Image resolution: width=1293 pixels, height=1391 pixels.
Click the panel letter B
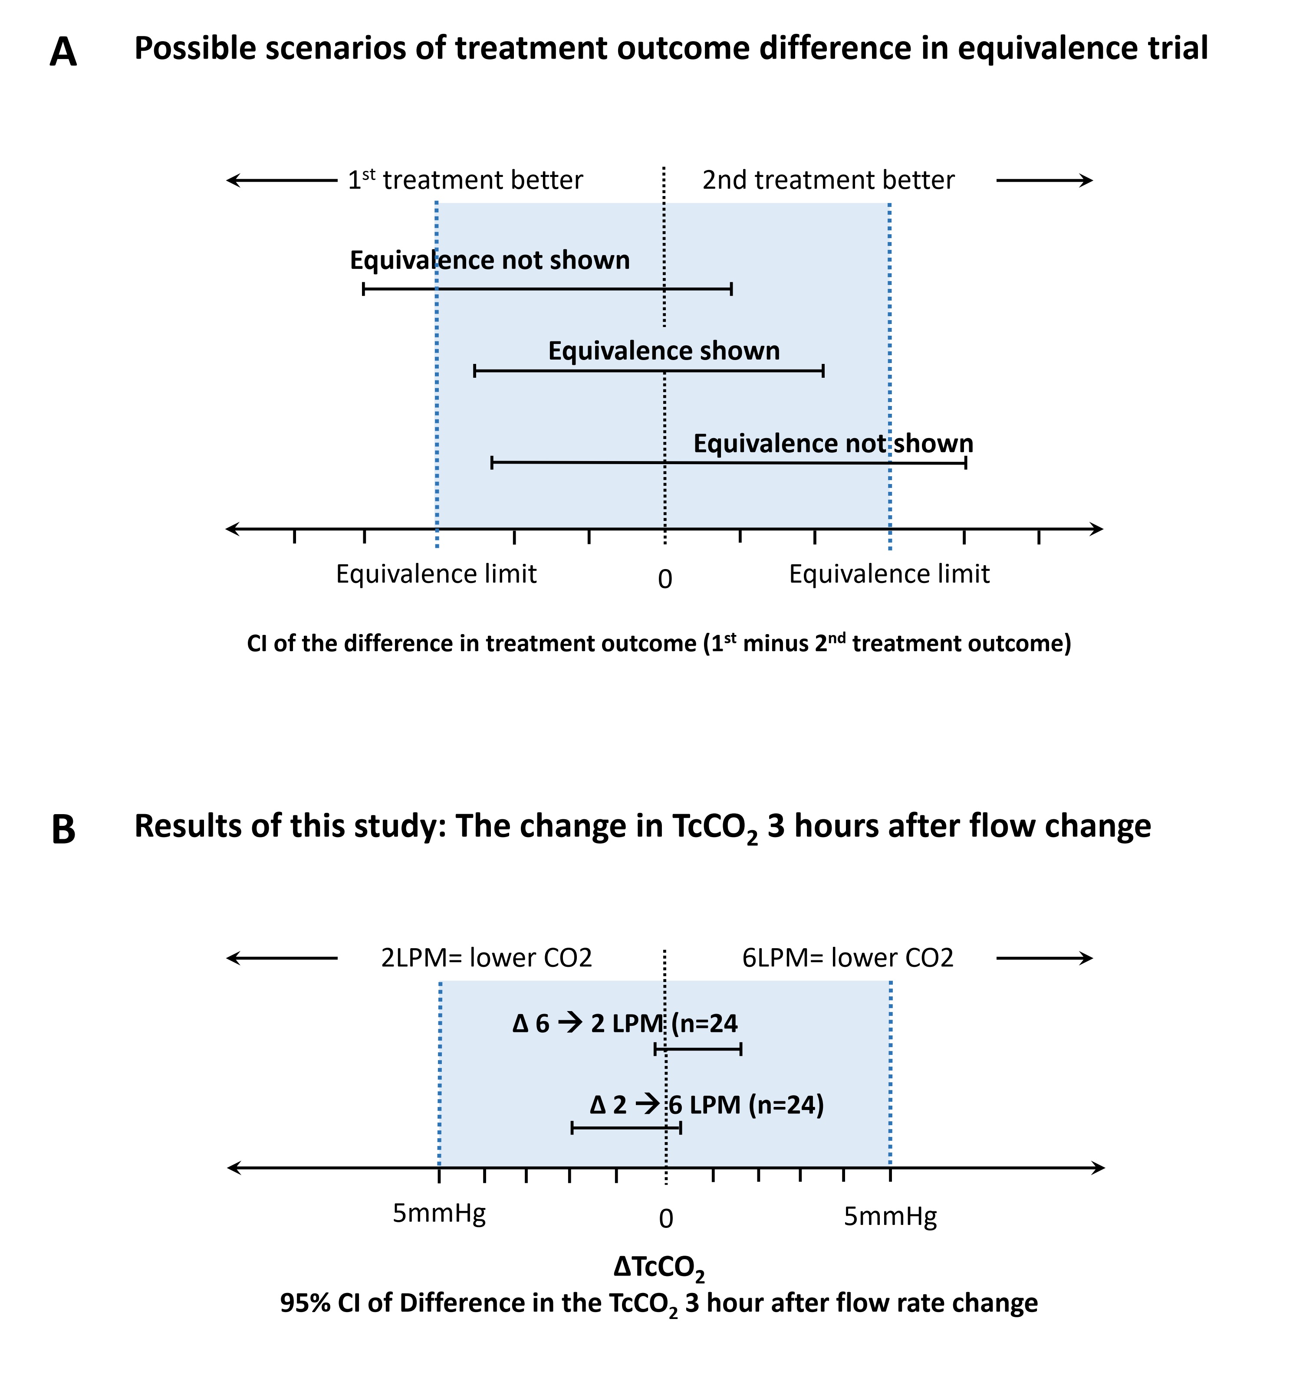(64, 830)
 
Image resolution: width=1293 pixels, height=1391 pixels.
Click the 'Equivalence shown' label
(664, 351)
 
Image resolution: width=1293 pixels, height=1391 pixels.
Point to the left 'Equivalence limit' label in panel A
(437, 574)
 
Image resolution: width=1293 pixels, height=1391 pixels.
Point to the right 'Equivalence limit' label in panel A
(889, 574)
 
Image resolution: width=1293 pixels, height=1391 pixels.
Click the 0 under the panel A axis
(665, 579)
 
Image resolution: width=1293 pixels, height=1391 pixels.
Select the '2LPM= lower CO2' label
(486, 957)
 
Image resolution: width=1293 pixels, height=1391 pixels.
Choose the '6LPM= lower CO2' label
(848, 957)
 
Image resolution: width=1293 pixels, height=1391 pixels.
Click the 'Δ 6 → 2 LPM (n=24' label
(625, 1024)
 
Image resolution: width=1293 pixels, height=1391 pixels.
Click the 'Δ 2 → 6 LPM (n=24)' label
(707, 1105)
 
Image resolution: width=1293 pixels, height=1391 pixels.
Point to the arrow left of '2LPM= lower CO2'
(282, 958)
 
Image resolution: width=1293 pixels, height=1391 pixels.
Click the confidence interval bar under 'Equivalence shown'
(648, 371)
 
